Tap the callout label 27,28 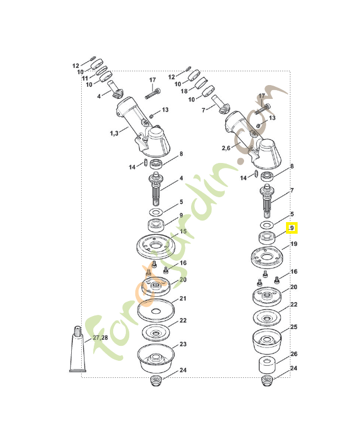point(100,338)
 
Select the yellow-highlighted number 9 point(292,228)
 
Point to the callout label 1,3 point(114,133)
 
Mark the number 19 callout point(294,244)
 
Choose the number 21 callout point(183,299)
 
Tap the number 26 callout point(294,354)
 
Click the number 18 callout point(184,91)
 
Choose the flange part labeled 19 point(267,256)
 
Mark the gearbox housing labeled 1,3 point(145,127)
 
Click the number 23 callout point(183,344)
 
